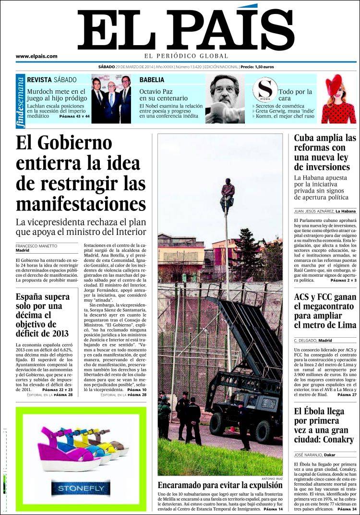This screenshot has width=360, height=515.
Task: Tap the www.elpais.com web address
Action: [x=36, y=56]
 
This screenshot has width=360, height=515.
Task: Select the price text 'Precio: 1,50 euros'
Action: [x=257, y=67]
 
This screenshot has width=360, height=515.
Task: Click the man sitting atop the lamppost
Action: [x=227, y=191]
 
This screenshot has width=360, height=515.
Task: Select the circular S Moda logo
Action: [x=265, y=89]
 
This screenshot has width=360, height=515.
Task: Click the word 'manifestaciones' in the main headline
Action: [x=81, y=204]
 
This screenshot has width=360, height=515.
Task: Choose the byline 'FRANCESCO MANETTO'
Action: [x=36, y=246]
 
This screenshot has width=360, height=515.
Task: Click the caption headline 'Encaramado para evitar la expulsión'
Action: [x=220, y=486]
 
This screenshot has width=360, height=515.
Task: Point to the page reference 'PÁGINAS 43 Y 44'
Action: [x=74, y=117]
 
